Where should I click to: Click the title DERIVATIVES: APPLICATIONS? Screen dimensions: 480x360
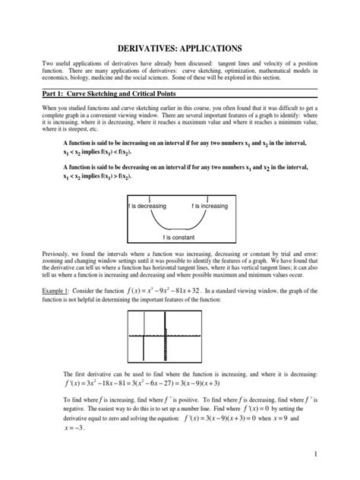coord(180,47)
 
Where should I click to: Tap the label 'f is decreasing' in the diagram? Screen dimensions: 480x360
coord(147,205)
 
